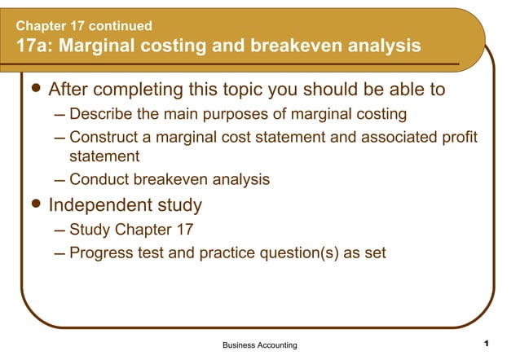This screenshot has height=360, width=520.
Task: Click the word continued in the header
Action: [x=117, y=26]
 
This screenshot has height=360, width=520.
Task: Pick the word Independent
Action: [x=99, y=204]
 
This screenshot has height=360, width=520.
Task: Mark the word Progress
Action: [x=101, y=252]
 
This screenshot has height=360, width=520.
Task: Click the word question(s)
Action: [x=301, y=252]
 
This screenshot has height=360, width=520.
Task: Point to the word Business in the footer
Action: [x=240, y=345]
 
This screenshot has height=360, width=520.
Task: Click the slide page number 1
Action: [x=486, y=343]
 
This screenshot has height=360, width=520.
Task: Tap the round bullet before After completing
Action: [x=33, y=88]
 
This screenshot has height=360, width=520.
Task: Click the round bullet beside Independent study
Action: [x=33, y=203]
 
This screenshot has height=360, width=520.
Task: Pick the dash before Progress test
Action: [x=59, y=253]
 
